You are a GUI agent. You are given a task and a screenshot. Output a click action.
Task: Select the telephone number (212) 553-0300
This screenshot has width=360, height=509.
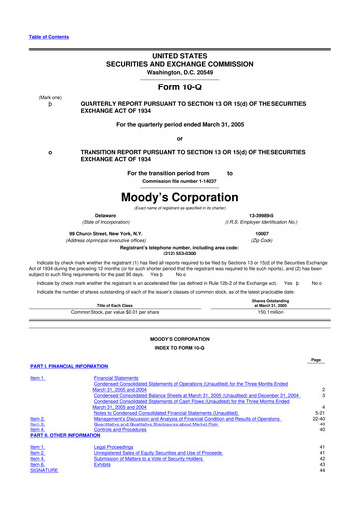pos(179,251)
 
